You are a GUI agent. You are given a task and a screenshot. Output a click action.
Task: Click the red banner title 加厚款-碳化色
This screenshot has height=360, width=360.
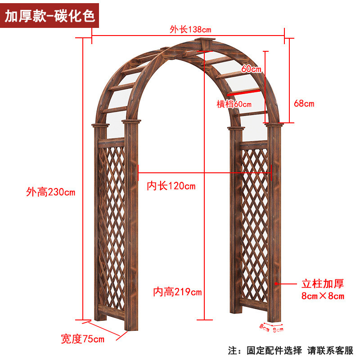49,16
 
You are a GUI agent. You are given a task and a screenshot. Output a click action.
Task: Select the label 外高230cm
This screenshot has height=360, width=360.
50,192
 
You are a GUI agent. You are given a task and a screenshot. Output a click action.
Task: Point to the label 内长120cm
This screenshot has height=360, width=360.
171,186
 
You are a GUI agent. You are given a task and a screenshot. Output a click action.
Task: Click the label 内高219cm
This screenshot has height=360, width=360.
177,292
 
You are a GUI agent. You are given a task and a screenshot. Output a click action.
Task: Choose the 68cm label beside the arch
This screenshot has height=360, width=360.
304,104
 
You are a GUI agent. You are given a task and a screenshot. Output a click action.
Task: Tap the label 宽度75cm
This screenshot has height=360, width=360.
82,338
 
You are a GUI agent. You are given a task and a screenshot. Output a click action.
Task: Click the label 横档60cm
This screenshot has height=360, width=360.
234,104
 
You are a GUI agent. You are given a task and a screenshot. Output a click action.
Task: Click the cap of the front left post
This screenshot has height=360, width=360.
132,122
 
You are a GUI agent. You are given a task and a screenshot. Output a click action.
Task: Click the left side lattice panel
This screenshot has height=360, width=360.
112,225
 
